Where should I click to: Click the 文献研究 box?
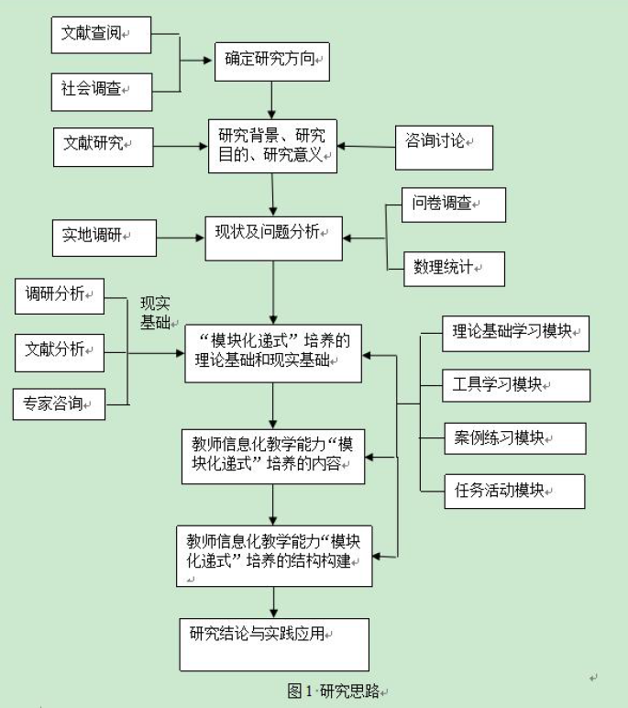[102, 144]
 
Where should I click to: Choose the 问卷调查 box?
[454, 205]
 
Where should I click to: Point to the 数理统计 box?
[454, 267]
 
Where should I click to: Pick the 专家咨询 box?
[60, 402]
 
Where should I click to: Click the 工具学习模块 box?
[502, 383]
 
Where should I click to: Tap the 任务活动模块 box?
[501, 490]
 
